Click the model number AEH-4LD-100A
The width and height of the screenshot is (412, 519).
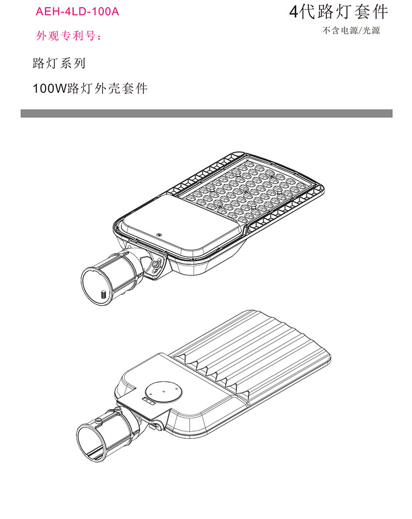[77, 12]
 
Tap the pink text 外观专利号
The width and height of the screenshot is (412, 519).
[66, 36]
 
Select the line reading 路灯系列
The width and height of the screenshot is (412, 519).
[59, 63]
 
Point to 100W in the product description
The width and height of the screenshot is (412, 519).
[49, 88]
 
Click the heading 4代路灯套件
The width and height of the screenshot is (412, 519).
[338, 12]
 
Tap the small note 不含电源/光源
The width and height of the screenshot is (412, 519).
[351, 30]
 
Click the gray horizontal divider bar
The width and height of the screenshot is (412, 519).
[207, 113]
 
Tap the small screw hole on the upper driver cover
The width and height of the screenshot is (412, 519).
[159, 235]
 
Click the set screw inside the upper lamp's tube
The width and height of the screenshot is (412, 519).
[103, 294]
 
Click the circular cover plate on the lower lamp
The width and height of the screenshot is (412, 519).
[164, 391]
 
